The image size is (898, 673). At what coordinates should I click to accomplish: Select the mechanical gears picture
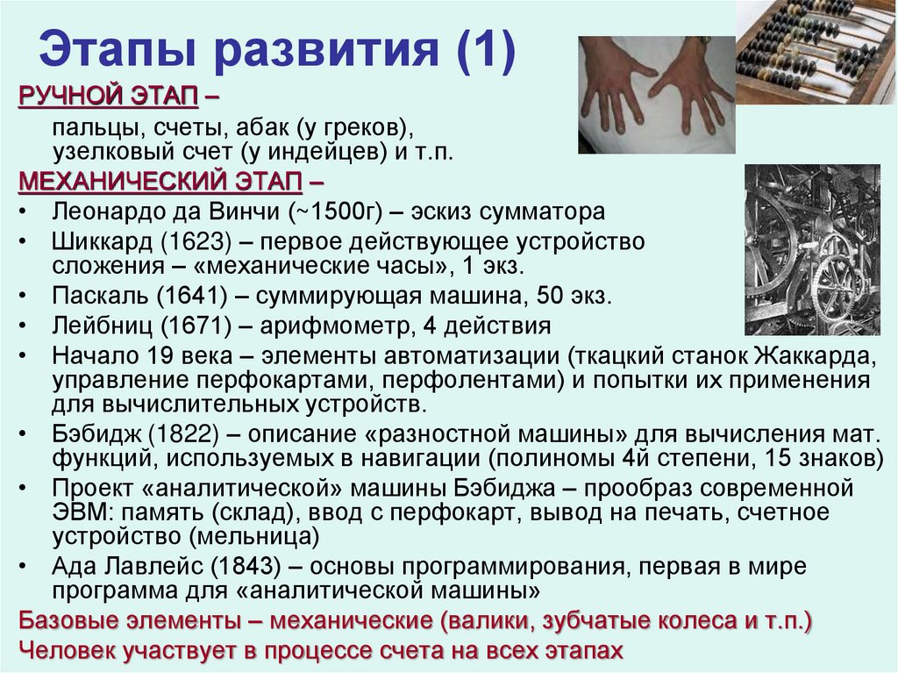[x=811, y=249]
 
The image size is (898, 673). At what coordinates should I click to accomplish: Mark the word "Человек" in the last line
[x=72, y=651]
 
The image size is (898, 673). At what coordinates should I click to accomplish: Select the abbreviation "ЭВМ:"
[x=83, y=512]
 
